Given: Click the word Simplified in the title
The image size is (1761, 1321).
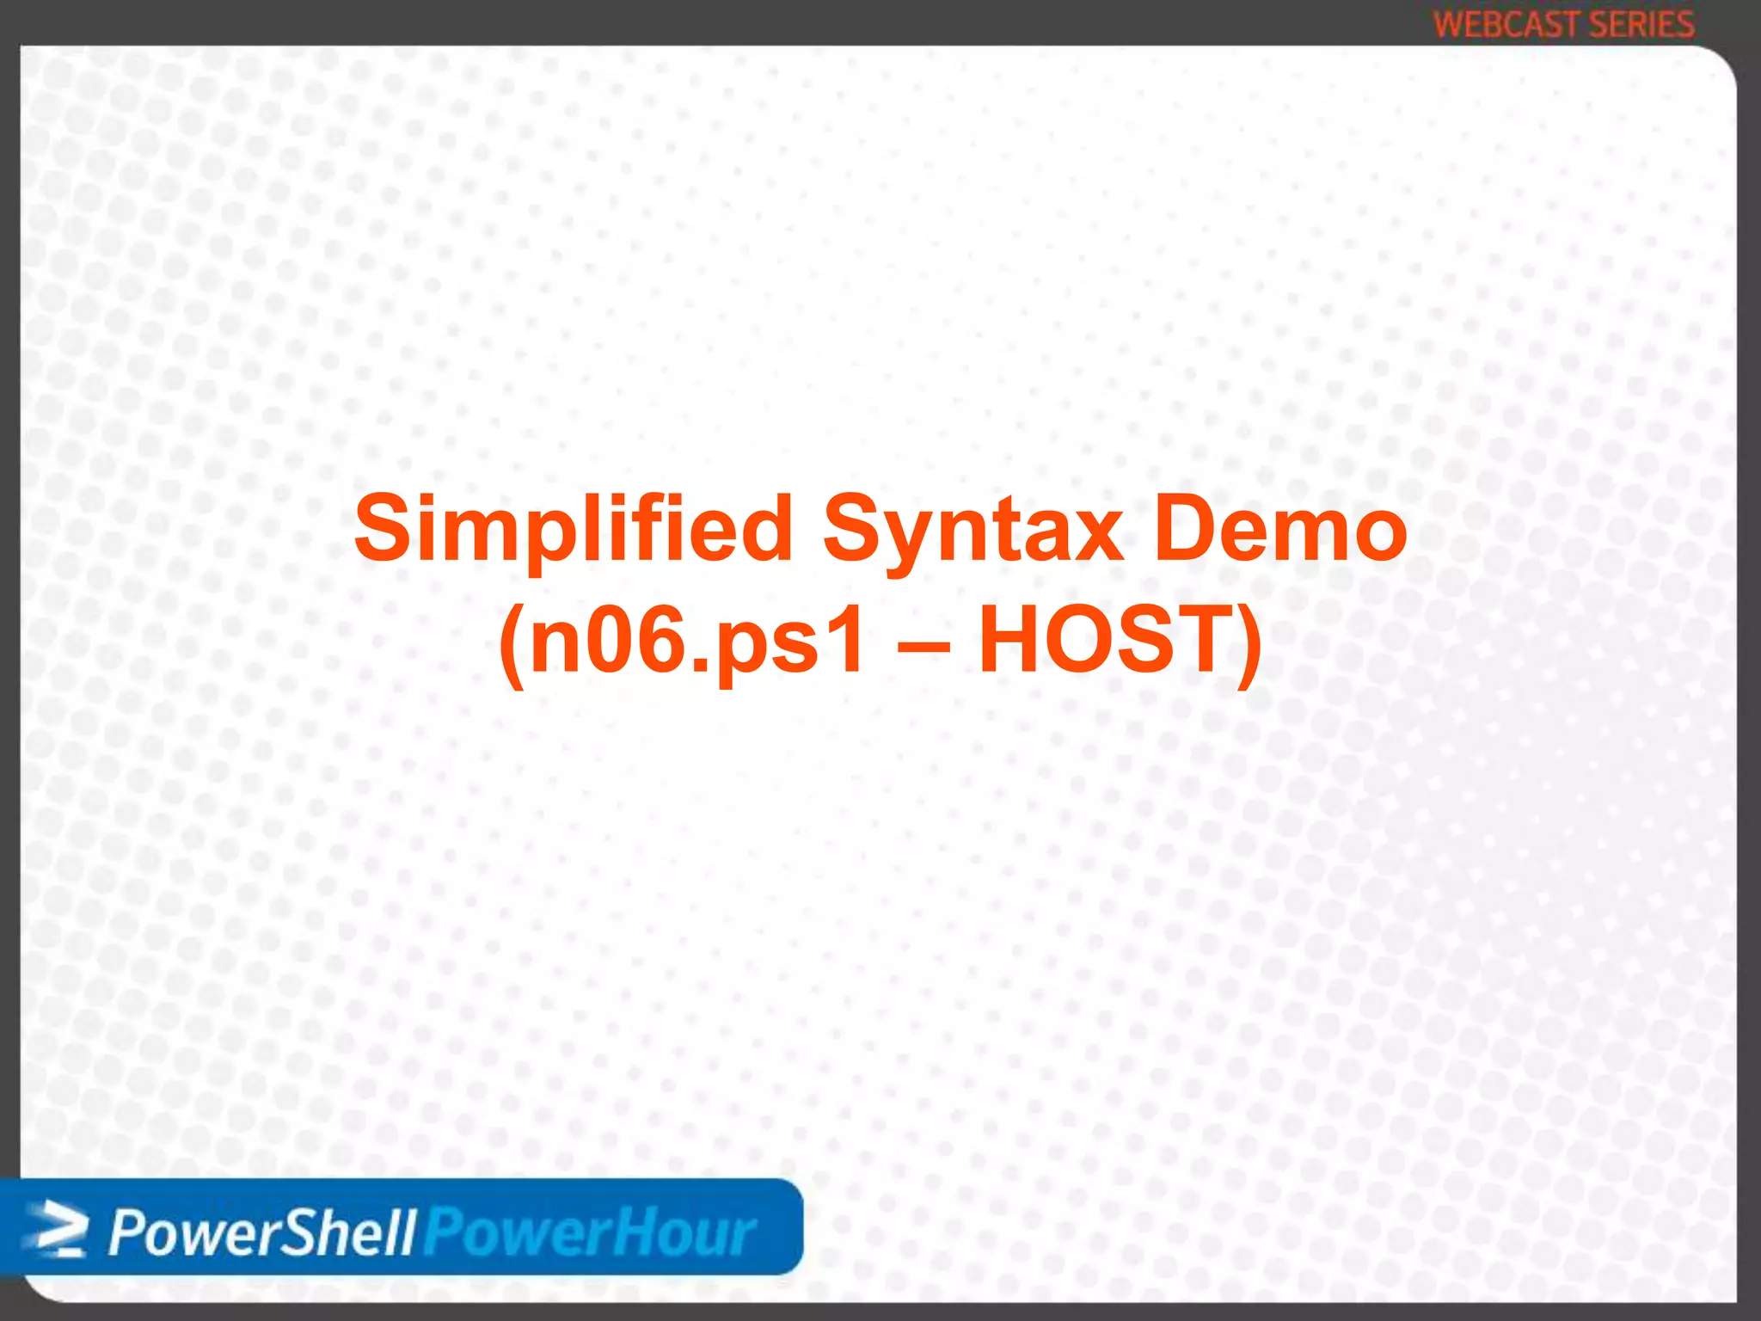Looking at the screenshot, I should tap(573, 529).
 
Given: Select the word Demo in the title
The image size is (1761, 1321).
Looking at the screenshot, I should tap(1279, 529).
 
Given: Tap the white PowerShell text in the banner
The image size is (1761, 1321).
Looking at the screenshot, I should tap(262, 1233).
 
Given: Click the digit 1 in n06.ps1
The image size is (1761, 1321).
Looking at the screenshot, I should tap(847, 641).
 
